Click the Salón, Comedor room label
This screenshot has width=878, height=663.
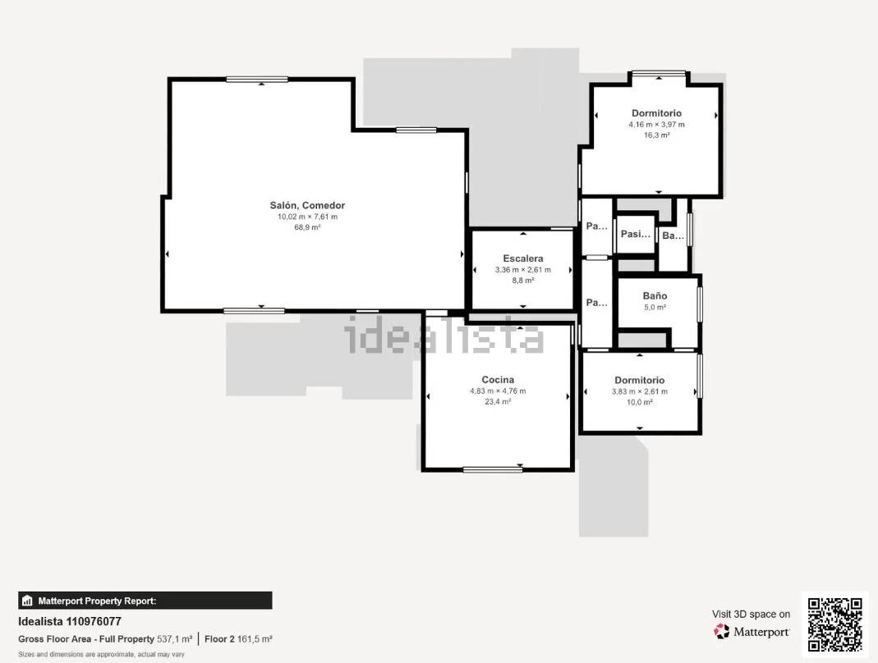pyautogui.click(x=307, y=205)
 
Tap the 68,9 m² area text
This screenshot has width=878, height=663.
pyautogui.click(x=307, y=227)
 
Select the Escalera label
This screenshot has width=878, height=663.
pyautogui.click(x=523, y=258)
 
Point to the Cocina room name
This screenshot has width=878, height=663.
pyautogui.click(x=498, y=380)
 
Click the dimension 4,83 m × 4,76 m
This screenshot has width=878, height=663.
pyautogui.click(x=498, y=391)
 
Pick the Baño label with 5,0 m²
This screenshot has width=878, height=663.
pyautogui.click(x=655, y=296)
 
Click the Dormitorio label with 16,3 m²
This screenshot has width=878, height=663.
pyautogui.click(x=657, y=113)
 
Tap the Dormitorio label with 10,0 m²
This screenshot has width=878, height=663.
pyautogui.click(x=640, y=381)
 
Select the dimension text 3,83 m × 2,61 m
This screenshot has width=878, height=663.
pyautogui.click(x=640, y=391)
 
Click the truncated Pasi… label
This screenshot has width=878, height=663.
pyautogui.click(x=636, y=234)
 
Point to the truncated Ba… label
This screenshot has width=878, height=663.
pyautogui.click(x=673, y=235)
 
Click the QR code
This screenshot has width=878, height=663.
pyautogui.click(x=835, y=624)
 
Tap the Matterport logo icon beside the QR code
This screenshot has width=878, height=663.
pyautogui.click(x=721, y=632)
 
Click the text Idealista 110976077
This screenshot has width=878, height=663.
pyautogui.click(x=70, y=622)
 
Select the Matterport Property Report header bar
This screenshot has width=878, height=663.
pyautogui.click(x=145, y=601)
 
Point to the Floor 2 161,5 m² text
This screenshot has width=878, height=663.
pyautogui.click(x=238, y=639)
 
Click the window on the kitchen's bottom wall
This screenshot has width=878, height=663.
pyautogui.click(x=493, y=469)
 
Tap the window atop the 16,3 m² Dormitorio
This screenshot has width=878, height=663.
pyautogui.click(x=659, y=73)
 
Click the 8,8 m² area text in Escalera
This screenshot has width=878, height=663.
pyautogui.click(x=523, y=281)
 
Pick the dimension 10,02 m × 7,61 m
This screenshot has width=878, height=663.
pyautogui.click(x=307, y=217)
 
